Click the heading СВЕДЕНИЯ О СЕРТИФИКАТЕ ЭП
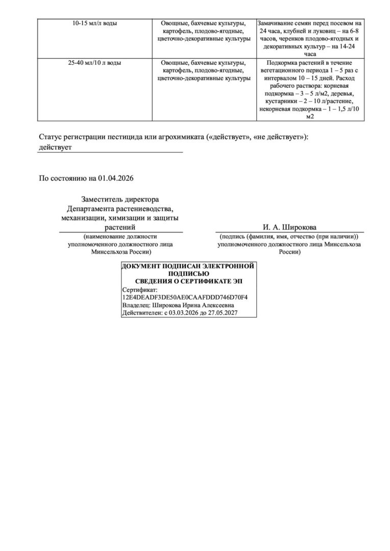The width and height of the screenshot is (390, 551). (189, 281)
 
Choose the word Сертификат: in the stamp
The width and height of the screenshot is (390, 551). (137, 289)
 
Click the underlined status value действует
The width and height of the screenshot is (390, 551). (56, 147)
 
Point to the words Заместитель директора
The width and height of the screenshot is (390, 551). (120, 199)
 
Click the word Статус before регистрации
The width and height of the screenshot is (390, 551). (52, 137)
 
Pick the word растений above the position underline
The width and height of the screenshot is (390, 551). (120, 228)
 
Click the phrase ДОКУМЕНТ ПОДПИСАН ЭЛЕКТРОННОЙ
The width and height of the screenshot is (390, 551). (188, 266)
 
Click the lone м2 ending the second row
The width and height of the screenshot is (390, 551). (310, 117)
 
